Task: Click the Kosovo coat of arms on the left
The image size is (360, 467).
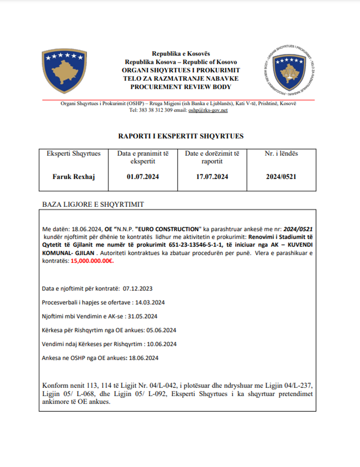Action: (x=64, y=71)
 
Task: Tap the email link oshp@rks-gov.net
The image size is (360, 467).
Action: (x=208, y=110)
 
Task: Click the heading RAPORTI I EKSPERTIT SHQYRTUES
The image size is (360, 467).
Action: (x=181, y=136)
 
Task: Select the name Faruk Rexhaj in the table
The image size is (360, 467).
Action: (x=73, y=177)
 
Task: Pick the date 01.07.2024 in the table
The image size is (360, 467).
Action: (x=143, y=177)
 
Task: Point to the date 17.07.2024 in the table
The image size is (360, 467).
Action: (x=212, y=177)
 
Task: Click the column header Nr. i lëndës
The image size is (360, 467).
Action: (x=281, y=153)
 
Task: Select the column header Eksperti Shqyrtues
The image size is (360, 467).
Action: (x=73, y=153)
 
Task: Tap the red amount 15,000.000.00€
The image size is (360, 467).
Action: (x=92, y=261)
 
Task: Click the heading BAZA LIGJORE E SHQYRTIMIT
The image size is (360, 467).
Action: (x=93, y=204)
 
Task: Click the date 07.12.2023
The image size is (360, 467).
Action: (x=138, y=289)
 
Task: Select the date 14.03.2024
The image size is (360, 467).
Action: (x=150, y=303)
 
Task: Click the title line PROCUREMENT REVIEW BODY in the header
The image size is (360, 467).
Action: (x=181, y=87)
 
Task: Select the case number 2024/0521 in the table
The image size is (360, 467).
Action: (x=281, y=177)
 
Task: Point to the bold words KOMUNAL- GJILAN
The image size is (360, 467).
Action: (x=68, y=253)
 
